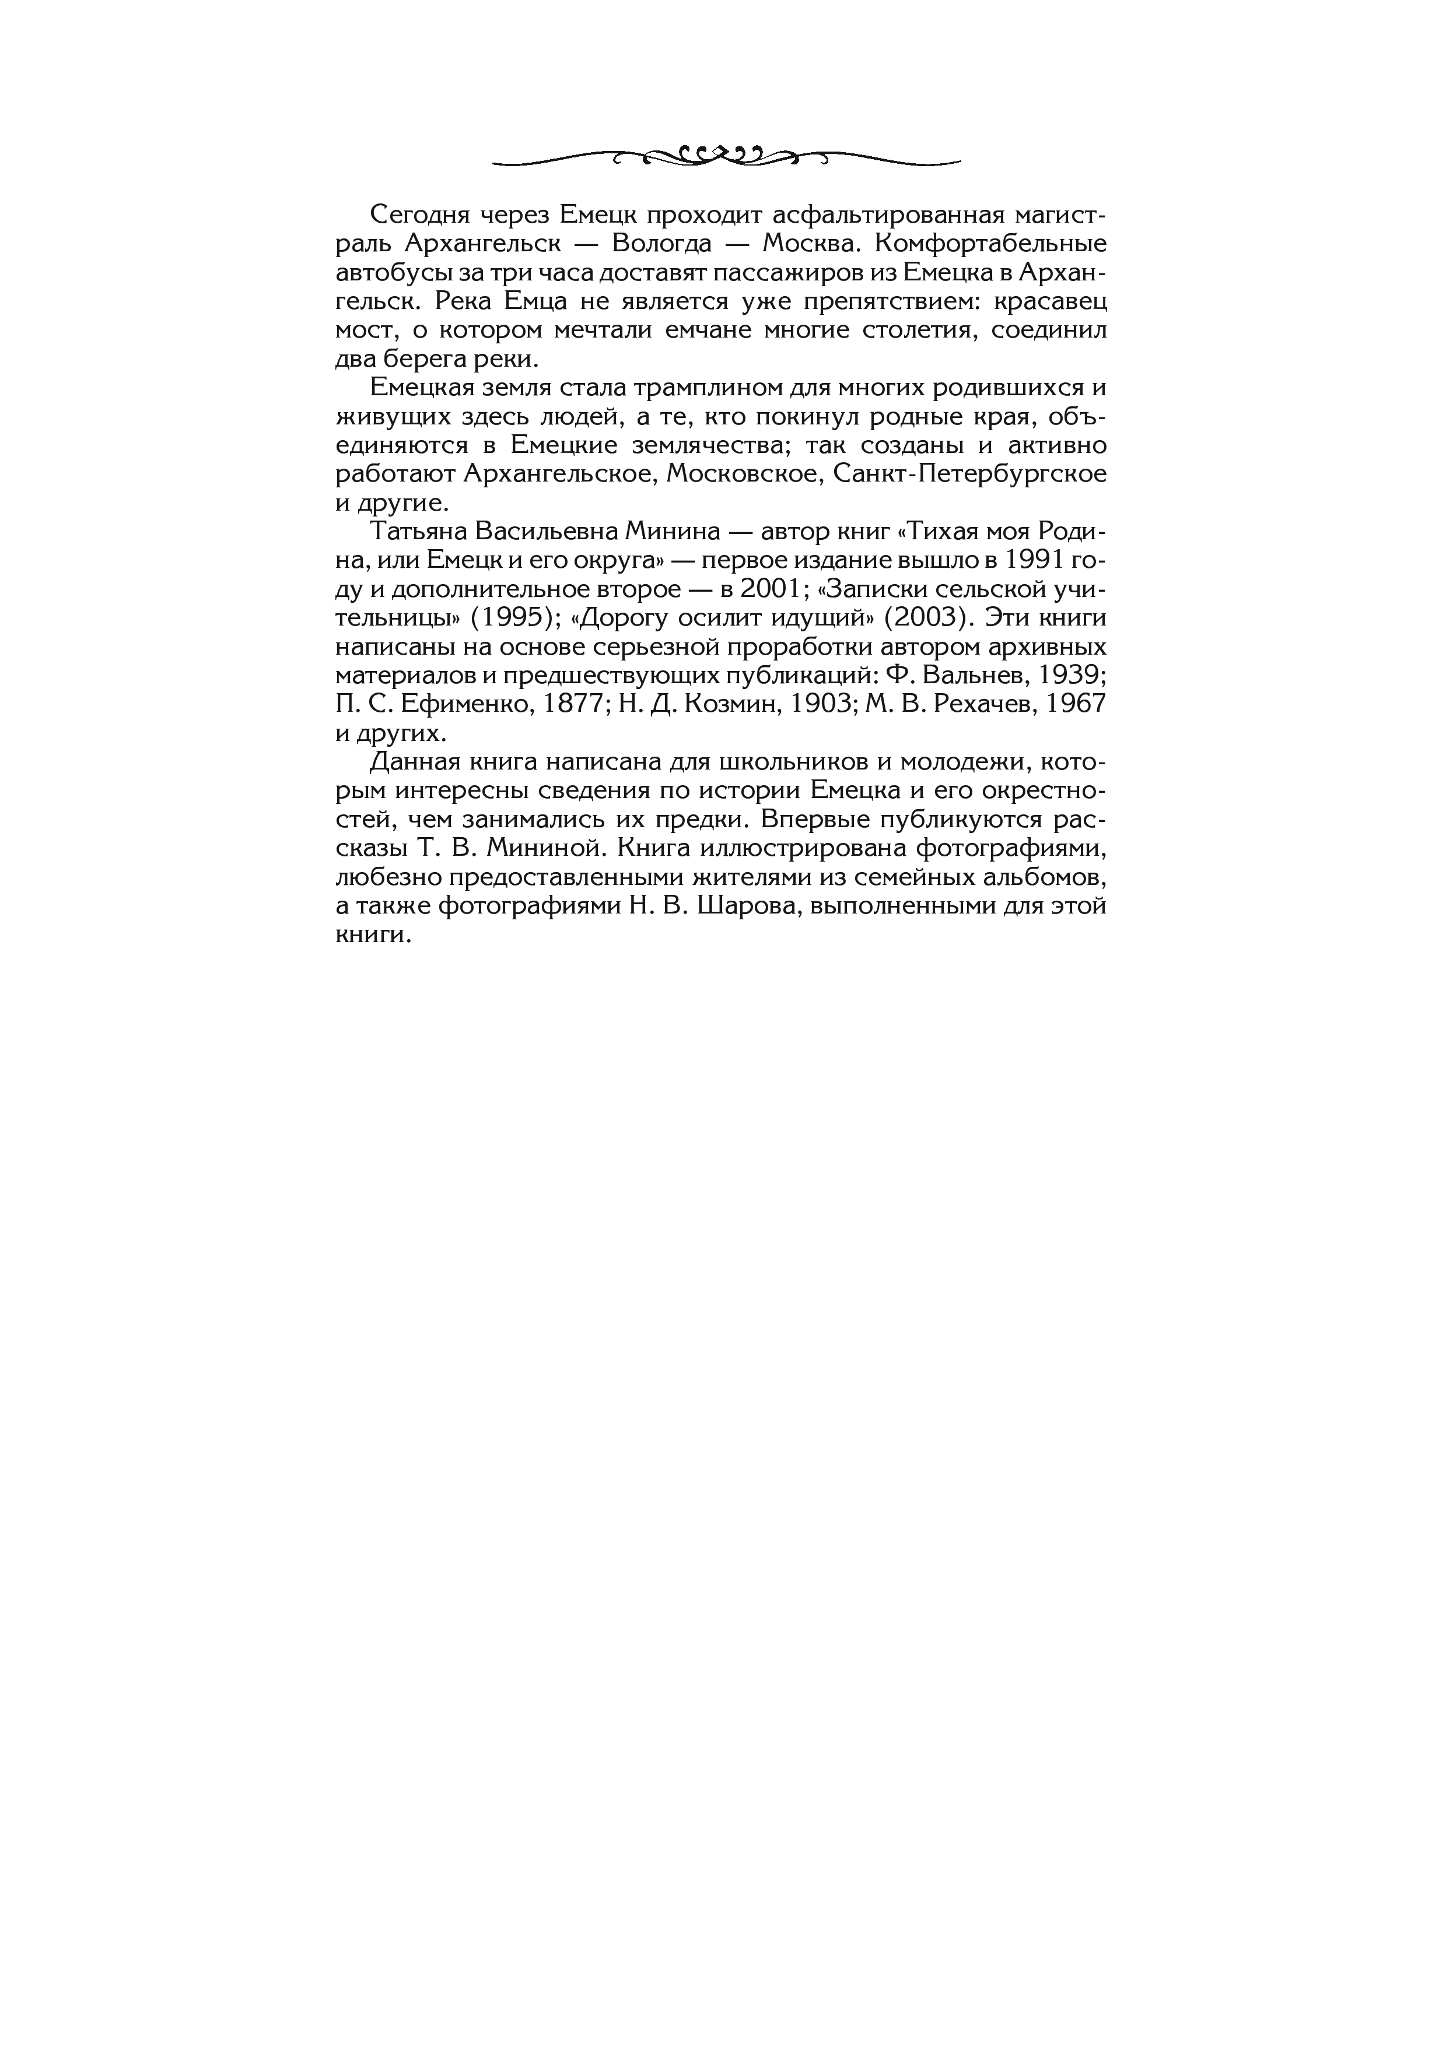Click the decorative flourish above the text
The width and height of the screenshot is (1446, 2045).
[726, 157]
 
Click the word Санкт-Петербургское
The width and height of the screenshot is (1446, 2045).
[970, 474]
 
